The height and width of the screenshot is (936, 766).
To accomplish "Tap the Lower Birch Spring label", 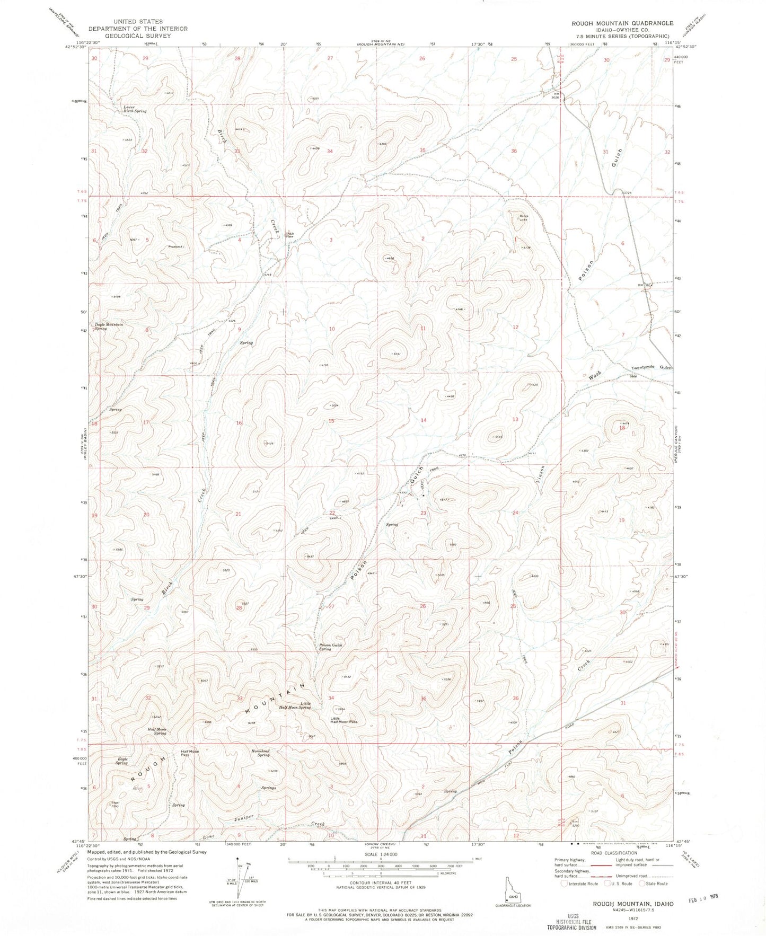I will pyautogui.click(x=135, y=109).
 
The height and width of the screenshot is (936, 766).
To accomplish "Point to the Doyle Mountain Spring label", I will pyautogui.click(x=109, y=326).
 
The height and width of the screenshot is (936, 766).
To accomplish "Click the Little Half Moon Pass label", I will pyautogui.click(x=344, y=720).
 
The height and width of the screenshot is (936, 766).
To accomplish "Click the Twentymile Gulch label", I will pyautogui.click(x=651, y=368).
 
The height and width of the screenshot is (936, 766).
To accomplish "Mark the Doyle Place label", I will pyautogui.click(x=290, y=235).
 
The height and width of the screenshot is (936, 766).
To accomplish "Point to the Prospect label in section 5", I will pyautogui.click(x=175, y=246).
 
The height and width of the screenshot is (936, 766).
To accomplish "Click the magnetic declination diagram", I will pyautogui.click(x=239, y=888).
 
